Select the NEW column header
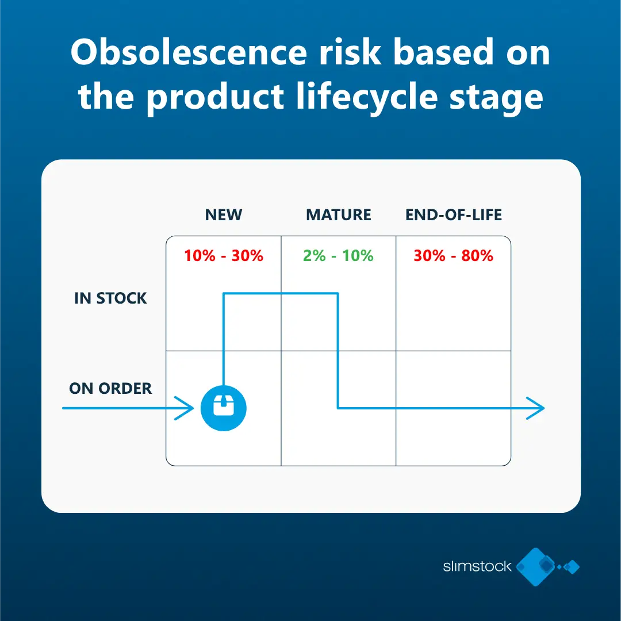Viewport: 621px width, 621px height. pos(224,215)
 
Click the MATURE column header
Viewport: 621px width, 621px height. pos(339,215)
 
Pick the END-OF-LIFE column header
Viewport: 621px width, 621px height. pos(454,215)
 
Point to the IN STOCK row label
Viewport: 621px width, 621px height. pos(110,298)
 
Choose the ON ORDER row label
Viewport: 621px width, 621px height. pos(110,389)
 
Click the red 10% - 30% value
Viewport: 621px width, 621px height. pos(224,256)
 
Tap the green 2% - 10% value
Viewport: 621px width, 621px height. pos(339,256)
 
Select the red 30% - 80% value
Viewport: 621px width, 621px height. pos(454,256)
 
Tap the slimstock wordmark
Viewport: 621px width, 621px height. pos(477,566)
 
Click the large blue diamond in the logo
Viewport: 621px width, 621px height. pos(536,566)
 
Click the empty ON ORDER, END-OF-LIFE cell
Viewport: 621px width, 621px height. pos(454,437)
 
